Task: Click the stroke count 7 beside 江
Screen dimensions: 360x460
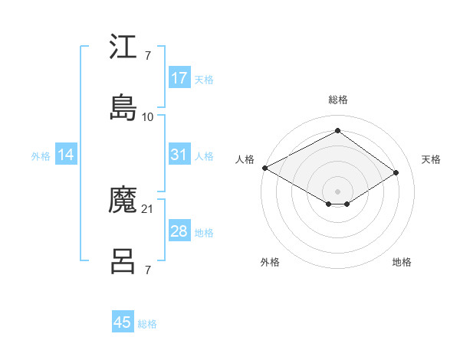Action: point(147,56)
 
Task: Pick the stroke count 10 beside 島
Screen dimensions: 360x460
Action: point(148,117)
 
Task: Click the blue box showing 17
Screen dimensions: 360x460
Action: point(179,78)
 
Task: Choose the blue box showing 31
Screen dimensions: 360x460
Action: point(179,155)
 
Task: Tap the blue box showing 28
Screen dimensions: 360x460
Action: point(179,231)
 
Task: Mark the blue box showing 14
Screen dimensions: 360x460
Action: point(66,155)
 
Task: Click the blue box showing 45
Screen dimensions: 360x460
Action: point(123,322)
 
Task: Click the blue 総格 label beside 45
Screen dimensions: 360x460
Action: point(147,324)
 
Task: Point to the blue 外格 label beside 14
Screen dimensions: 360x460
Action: point(41,155)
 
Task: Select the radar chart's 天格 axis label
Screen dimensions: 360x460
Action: point(431,159)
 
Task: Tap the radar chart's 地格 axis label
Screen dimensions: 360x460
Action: point(402,262)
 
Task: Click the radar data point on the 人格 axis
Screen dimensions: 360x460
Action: point(264,168)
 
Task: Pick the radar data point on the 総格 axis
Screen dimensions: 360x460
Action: point(337,130)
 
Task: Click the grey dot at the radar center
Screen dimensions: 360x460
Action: point(337,191)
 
